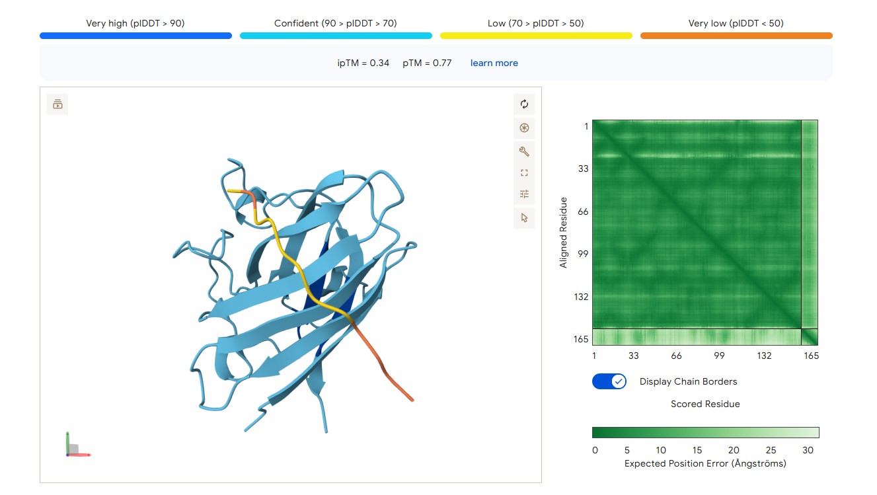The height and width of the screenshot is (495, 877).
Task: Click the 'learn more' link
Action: [x=494, y=63]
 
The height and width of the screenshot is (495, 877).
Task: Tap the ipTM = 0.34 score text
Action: [x=363, y=63]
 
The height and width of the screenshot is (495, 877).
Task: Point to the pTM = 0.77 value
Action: [x=427, y=63]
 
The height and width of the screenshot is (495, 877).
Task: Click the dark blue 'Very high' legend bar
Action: [x=135, y=36]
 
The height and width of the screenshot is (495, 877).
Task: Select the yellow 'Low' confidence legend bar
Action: [x=536, y=36]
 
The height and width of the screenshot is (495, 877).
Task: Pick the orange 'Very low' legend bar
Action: [x=736, y=36]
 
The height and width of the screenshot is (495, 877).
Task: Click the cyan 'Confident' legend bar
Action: [x=336, y=36]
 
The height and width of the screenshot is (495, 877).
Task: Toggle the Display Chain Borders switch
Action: [x=609, y=381]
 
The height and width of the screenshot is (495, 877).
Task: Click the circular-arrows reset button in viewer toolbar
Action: [x=524, y=104]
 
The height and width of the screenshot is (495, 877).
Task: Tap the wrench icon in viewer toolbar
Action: [x=524, y=151]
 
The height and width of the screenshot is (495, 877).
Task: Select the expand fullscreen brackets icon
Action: [x=524, y=172]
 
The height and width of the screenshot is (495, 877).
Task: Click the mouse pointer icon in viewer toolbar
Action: [x=524, y=217]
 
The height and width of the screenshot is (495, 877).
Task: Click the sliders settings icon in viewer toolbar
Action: [x=524, y=194]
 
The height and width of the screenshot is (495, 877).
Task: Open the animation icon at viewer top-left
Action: [x=57, y=104]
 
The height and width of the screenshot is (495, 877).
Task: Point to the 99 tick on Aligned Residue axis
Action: [x=583, y=254]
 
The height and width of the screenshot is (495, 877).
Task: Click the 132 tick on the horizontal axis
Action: [x=764, y=356]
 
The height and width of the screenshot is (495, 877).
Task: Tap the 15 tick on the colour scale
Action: [x=697, y=450]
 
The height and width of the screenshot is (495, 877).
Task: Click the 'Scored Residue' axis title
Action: [x=705, y=404]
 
